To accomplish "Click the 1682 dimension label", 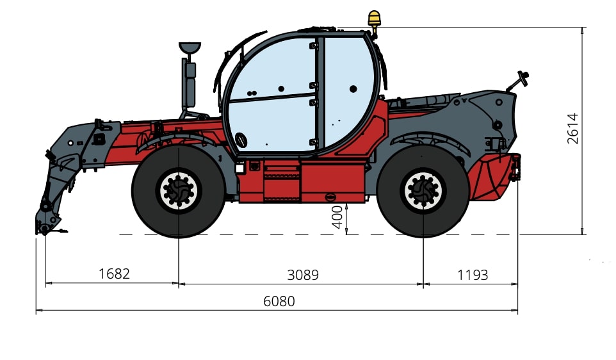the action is (114, 274).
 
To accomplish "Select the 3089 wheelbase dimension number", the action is (303, 275).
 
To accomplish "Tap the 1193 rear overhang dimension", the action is (473, 275).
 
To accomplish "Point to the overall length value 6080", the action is (279, 302).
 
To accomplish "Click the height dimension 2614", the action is (573, 129).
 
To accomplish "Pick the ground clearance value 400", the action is (337, 217).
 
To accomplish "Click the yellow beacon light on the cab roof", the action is (374, 19).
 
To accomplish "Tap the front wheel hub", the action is (179, 191).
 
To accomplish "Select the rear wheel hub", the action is (423, 192).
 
